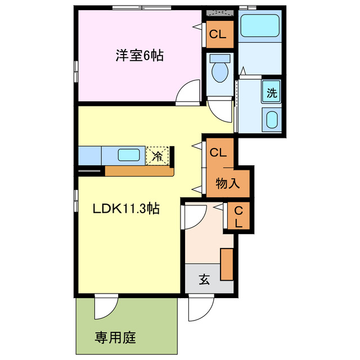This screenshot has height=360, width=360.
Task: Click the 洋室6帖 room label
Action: point(139,56)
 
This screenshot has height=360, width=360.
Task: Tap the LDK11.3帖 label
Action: point(127,209)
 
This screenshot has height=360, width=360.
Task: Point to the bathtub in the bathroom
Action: point(259,26)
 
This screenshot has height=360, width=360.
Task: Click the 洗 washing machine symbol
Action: point(272,93)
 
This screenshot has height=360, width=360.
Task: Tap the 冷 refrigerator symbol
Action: point(158,156)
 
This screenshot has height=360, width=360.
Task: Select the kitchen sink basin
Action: point(129,155)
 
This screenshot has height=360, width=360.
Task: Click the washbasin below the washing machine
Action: point(272,120)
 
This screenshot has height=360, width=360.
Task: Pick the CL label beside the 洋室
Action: point(218,34)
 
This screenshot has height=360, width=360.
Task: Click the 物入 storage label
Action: point(228,183)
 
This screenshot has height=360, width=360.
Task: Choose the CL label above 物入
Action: point(218,152)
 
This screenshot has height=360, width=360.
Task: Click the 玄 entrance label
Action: point(204,280)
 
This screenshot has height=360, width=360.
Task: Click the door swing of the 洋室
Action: point(189,93)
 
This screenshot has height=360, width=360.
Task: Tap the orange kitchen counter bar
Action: point(139,171)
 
